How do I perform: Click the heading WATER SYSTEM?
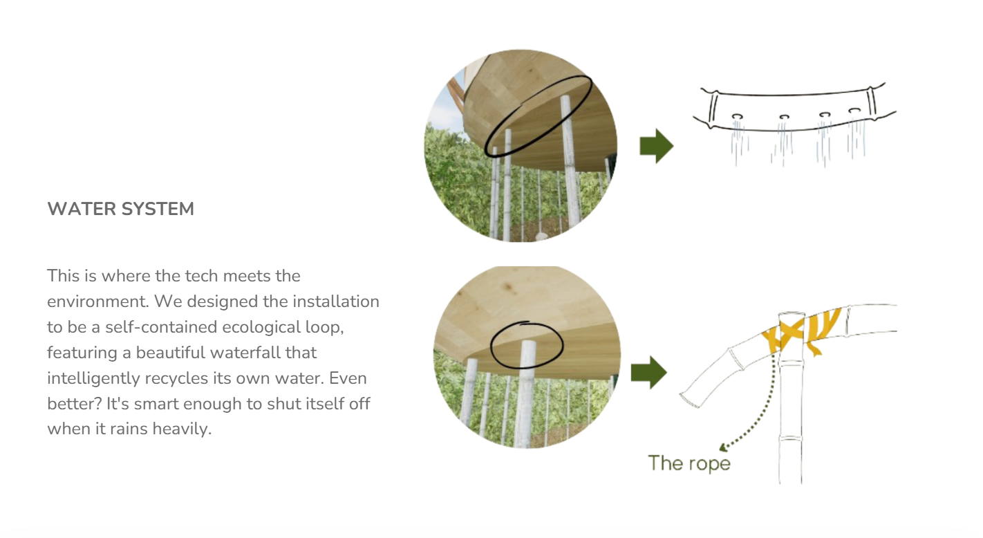pyautogui.click(x=121, y=209)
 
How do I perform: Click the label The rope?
pyautogui.click(x=689, y=463)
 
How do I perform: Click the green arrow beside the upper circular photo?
pyautogui.click(x=657, y=146)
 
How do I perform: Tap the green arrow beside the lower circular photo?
pyautogui.click(x=649, y=373)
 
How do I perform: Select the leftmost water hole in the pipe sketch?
pyautogui.click(x=737, y=117)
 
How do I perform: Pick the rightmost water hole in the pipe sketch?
pyautogui.click(x=854, y=111)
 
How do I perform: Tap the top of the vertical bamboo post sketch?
pyautogui.click(x=792, y=314)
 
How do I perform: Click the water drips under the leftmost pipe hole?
pyautogui.click(x=739, y=141)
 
